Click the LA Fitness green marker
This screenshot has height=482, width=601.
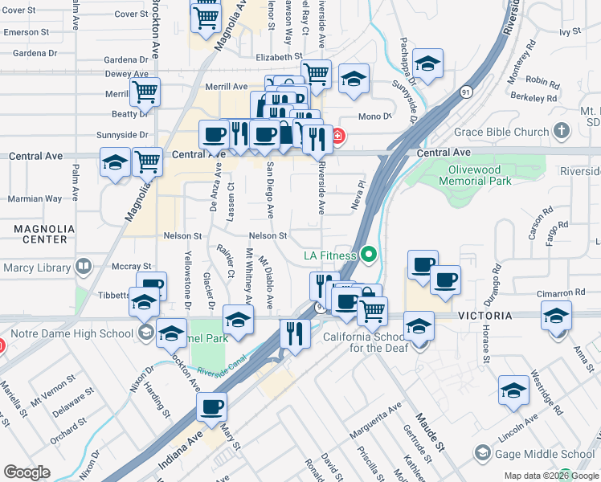[369, 255]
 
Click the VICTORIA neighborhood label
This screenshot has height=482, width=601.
[484, 316]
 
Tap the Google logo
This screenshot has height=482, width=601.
[27, 472]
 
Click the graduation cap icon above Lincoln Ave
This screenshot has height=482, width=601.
[513, 390]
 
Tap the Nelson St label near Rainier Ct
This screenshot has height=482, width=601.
[182, 236]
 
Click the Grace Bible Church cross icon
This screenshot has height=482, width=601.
[561, 130]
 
